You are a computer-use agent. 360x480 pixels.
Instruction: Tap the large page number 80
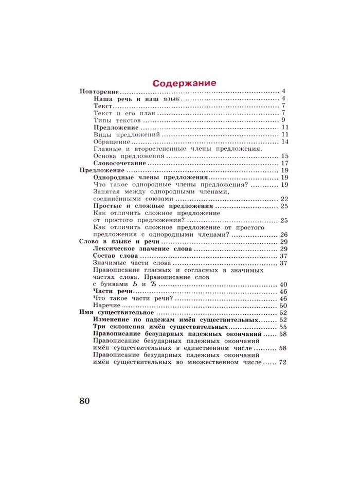pos(85,401)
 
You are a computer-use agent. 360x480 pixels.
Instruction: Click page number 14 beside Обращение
pos(284,141)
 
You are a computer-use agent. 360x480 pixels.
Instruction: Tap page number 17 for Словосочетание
pos(284,163)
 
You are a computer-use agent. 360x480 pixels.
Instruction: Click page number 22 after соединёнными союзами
pos(284,199)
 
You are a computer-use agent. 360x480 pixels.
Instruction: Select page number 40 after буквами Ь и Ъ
pos(284,285)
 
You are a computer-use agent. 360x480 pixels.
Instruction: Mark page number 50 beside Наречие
pos(284,306)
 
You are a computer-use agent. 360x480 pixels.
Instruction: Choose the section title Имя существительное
pos(117,313)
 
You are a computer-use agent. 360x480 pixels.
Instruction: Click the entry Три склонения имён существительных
pos(160,327)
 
